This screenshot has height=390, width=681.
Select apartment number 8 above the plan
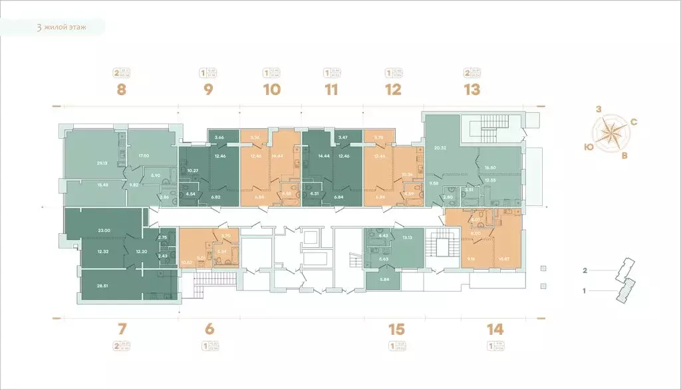[121, 90]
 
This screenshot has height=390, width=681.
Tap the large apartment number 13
[472, 90]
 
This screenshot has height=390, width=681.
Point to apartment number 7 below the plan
[121, 328]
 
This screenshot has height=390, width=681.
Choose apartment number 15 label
[396, 328]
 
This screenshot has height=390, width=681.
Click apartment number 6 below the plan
[209, 328]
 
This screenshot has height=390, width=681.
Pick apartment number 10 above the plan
[271, 90]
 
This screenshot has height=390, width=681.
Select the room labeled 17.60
[143, 156]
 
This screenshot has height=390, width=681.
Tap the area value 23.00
[103, 230]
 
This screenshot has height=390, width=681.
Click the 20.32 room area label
[440, 148]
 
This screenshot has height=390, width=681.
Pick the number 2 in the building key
[585, 271]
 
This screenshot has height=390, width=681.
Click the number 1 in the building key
[585, 290]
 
